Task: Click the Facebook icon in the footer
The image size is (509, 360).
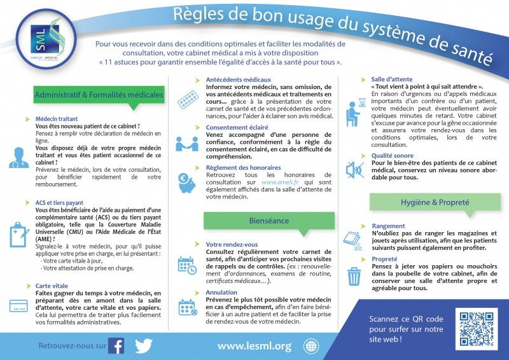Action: point(116,345)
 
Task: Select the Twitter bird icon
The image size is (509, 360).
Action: point(143,345)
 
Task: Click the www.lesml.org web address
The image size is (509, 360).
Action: point(254,346)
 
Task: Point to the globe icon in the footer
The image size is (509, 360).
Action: point(311,346)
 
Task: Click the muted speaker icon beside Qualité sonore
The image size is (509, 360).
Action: point(353,169)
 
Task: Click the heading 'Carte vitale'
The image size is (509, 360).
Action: point(52,286)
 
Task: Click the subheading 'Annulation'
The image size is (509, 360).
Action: point(221,293)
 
